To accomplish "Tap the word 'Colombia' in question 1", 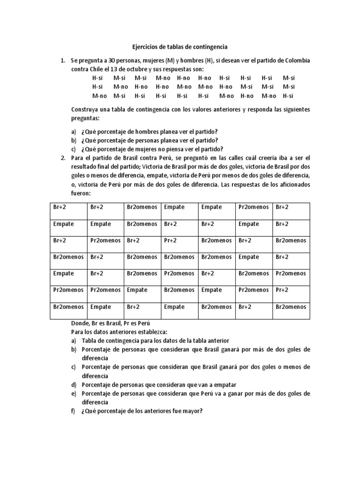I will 297,61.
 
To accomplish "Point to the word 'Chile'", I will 97,69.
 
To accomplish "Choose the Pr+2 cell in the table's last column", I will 282,290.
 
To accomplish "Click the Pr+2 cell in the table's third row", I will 170,240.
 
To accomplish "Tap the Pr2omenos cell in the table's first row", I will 253,207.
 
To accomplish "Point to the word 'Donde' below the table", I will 80,324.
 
